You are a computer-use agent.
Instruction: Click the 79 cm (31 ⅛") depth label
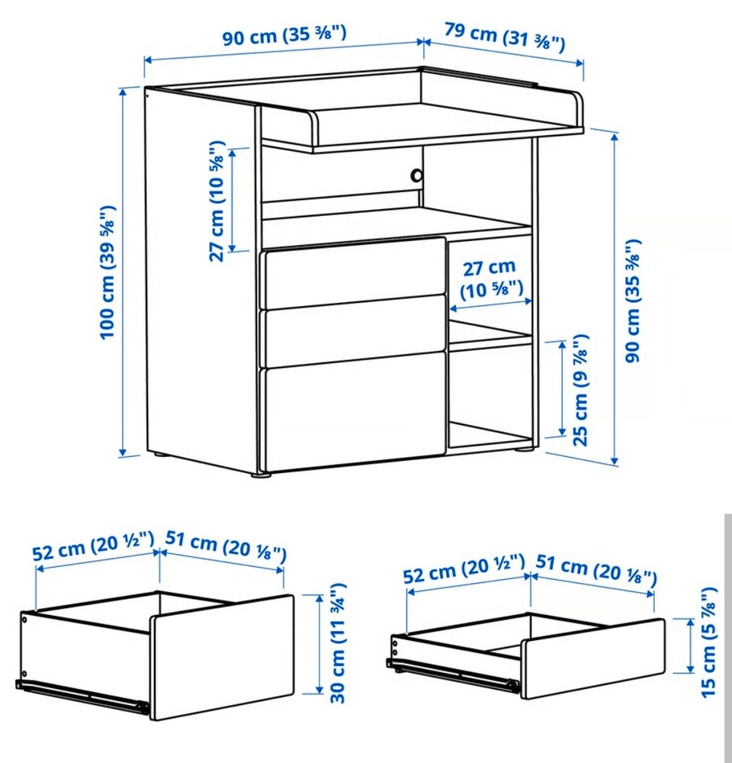[505, 37]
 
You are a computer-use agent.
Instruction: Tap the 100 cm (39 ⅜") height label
[107, 272]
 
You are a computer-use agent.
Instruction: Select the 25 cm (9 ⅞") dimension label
[581, 390]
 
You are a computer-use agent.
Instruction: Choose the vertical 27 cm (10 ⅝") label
[217, 201]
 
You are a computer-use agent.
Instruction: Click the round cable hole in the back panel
[417, 175]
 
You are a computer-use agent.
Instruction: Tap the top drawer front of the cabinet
[355, 272]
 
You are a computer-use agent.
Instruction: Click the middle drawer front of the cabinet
[355, 330]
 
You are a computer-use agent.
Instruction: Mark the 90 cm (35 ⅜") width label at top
[284, 36]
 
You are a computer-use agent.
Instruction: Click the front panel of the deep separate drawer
[222, 658]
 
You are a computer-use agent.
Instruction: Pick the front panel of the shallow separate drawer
[593, 659]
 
